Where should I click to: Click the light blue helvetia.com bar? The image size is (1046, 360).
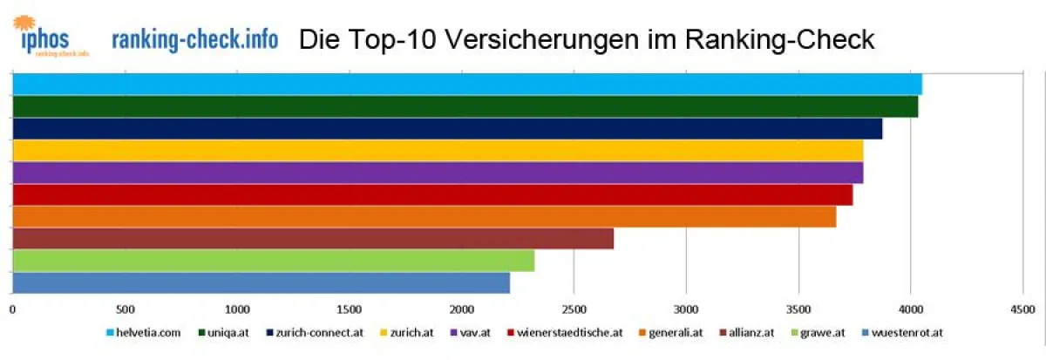tap(466, 85)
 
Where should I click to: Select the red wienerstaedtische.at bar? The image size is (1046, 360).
tap(432, 194)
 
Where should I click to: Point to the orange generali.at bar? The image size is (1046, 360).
tap(424, 216)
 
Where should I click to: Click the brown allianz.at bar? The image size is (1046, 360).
tap(313, 238)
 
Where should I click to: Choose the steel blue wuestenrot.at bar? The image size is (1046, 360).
tap(261, 282)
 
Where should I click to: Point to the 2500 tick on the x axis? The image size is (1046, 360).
tap(574, 309)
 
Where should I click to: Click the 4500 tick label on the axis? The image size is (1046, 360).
tap(1022, 309)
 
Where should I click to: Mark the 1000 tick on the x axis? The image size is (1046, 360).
tap(236, 309)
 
